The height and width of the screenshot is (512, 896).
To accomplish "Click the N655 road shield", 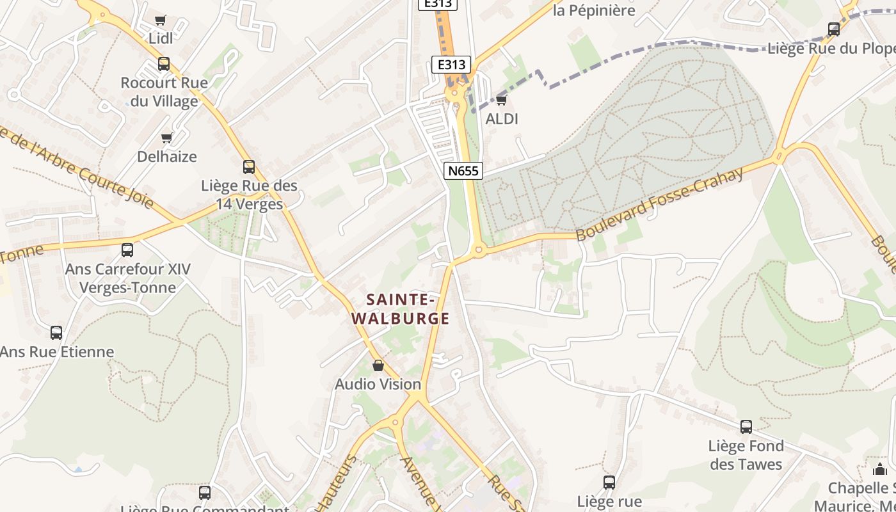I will click(x=463, y=170).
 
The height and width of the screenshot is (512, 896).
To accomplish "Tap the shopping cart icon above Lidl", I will click(x=161, y=20).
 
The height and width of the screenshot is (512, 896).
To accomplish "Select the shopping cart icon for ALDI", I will click(x=501, y=100).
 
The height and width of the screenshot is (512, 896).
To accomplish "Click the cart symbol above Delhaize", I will click(x=167, y=138).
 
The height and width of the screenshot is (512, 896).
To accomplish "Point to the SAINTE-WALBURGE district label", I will click(x=401, y=308).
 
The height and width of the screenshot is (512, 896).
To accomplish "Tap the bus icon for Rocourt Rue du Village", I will click(x=164, y=64).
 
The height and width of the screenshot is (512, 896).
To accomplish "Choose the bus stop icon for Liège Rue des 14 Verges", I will click(x=249, y=167).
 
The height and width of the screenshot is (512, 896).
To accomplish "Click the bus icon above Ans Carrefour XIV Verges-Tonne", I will click(x=127, y=250).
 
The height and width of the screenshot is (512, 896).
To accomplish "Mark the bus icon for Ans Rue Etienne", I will click(x=56, y=333).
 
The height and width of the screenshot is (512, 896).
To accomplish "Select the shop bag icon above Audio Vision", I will click(x=378, y=365).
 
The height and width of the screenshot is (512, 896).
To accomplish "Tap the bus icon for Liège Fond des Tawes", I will click(x=746, y=427).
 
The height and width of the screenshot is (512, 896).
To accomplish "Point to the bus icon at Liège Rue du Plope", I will click(x=834, y=29).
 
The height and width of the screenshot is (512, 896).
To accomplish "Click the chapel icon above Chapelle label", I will click(x=880, y=469).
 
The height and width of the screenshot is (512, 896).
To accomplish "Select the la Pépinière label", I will click(x=594, y=10).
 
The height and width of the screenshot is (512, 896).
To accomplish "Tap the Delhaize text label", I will click(x=167, y=156).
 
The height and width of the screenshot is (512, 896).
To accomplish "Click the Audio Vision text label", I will click(x=378, y=384).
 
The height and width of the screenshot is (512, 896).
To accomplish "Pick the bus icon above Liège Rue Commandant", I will click(x=205, y=493).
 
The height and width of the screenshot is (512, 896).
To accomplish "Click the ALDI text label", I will click(x=502, y=119).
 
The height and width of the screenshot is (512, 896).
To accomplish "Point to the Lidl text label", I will click(x=161, y=38).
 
